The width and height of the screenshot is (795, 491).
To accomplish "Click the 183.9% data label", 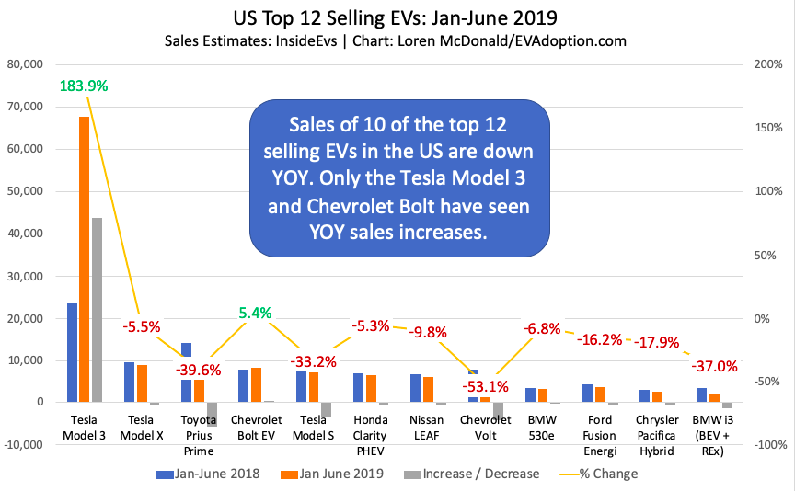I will pos(84,86).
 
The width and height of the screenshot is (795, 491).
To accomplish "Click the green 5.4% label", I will pos(255,313).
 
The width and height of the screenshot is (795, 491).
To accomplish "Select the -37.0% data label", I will pos(714,366).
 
